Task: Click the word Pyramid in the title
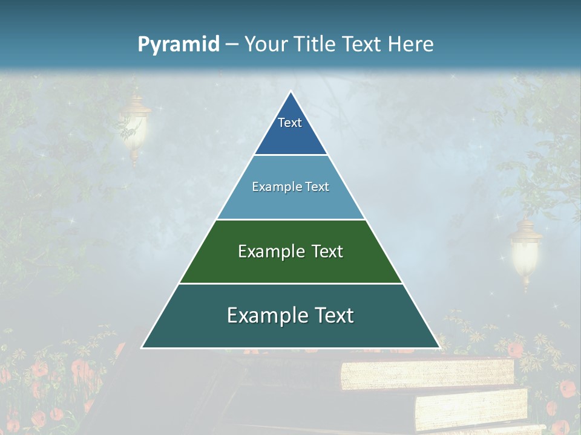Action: (178, 45)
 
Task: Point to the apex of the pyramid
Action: (290, 92)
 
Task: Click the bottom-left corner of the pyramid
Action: (143, 347)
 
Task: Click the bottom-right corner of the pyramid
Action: (439, 347)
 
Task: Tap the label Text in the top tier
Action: (290, 123)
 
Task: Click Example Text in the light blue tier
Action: (290, 187)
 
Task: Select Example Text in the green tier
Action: (290, 251)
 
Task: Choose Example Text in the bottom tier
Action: (290, 315)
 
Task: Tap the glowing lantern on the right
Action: (525, 251)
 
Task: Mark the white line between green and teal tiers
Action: (290, 283)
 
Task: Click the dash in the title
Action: (231, 45)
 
